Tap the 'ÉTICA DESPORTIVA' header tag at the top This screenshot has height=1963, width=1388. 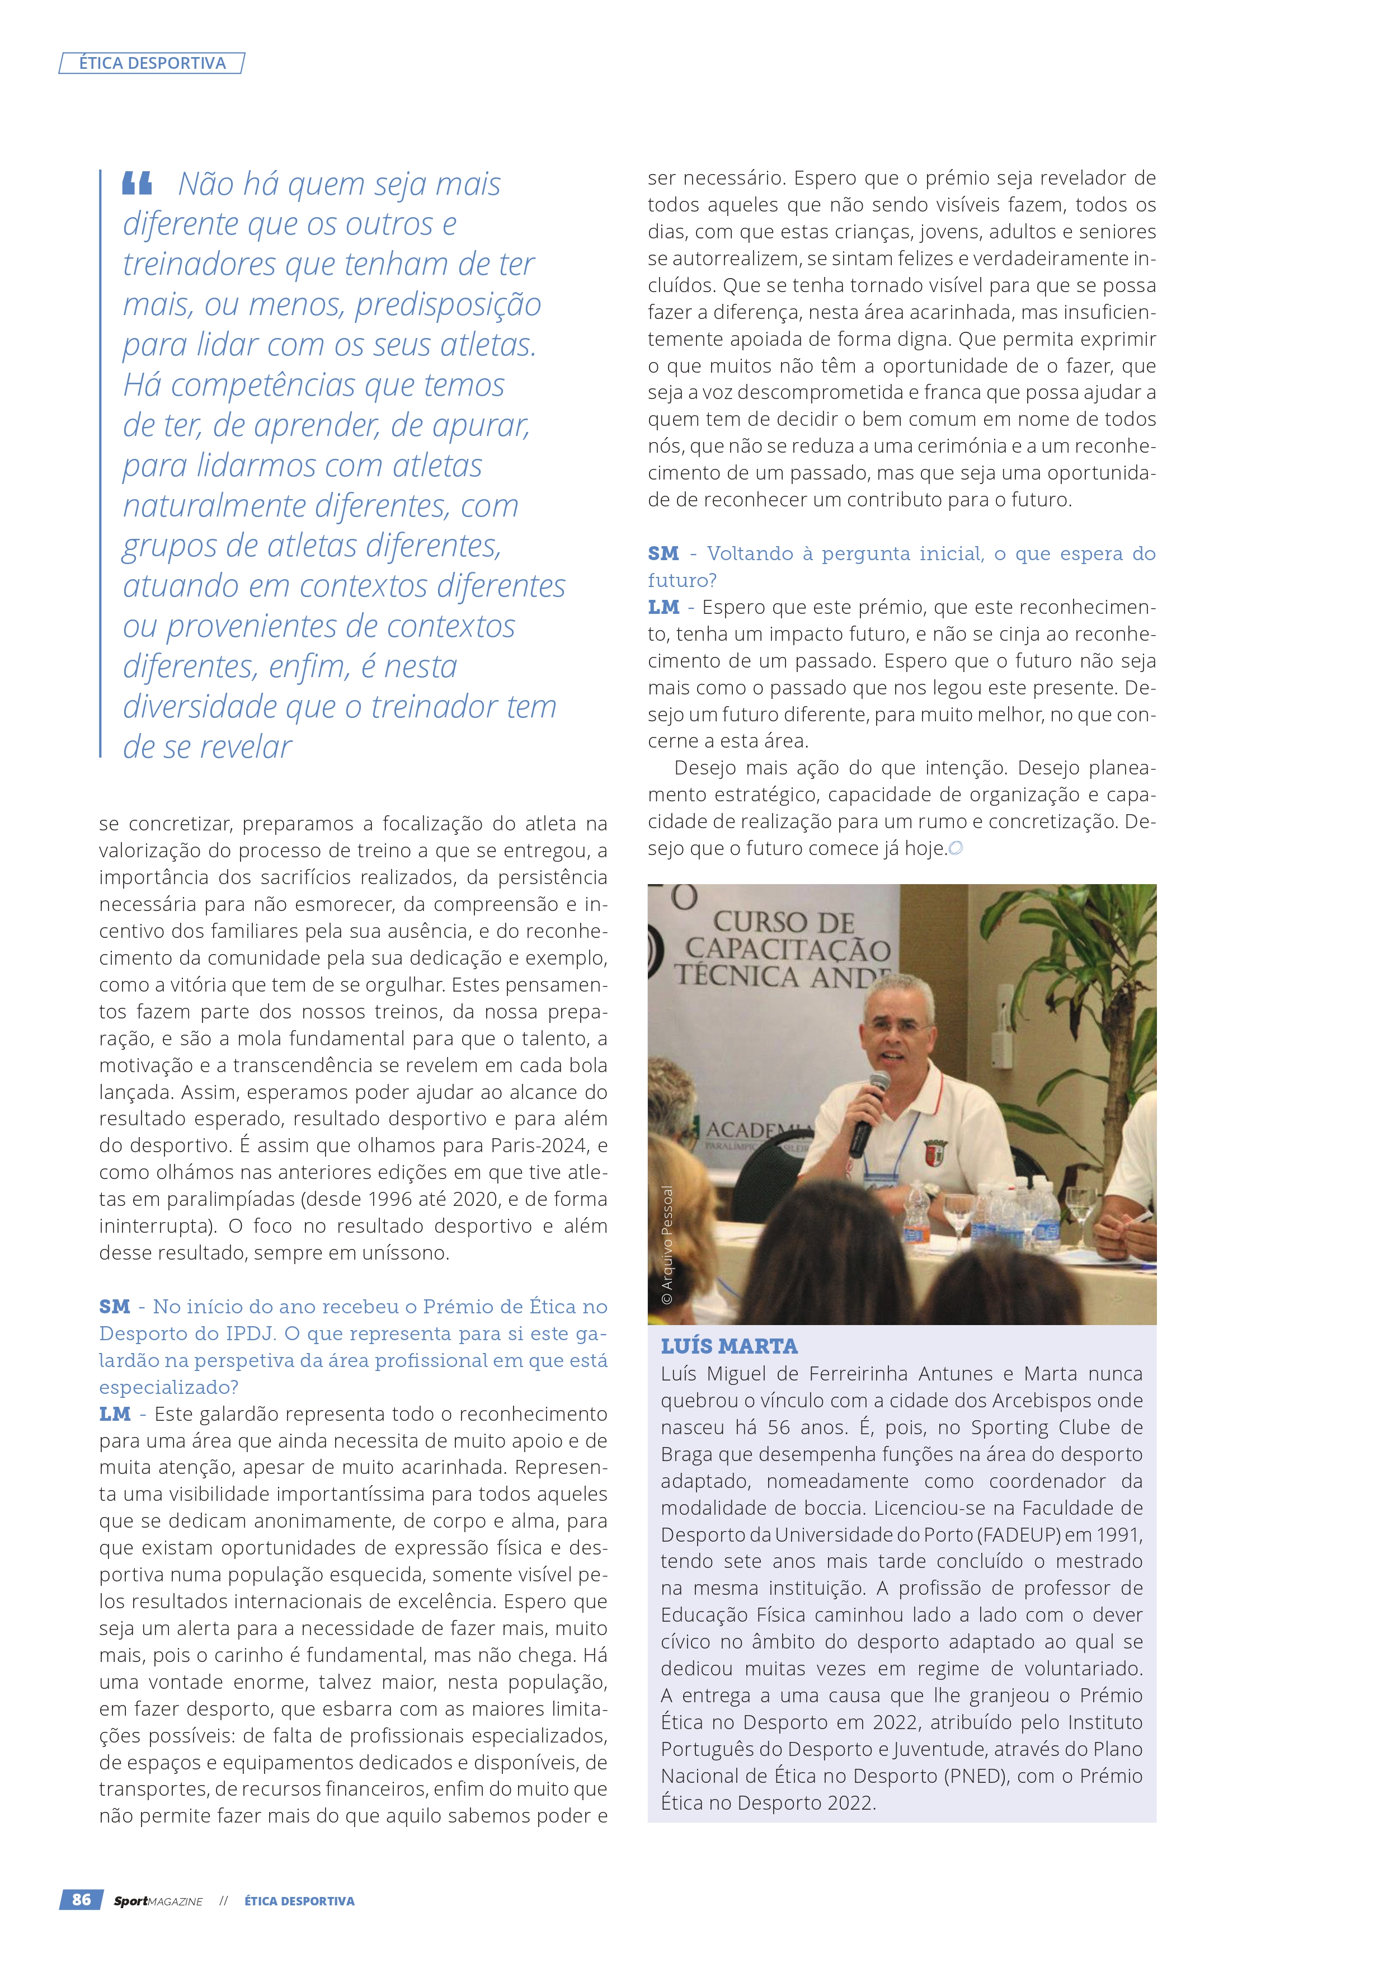(x=152, y=63)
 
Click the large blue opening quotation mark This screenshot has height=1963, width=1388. (x=137, y=183)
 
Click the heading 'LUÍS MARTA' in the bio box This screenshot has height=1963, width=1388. (x=729, y=1346)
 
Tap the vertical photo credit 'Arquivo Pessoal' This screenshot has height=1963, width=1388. (x=667, y=1244)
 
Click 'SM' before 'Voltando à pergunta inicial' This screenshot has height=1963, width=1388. (x=664, y=554)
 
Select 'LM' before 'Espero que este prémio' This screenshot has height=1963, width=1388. (x=664, y=608)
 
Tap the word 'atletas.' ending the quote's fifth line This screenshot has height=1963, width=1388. (x=488, y=345)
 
